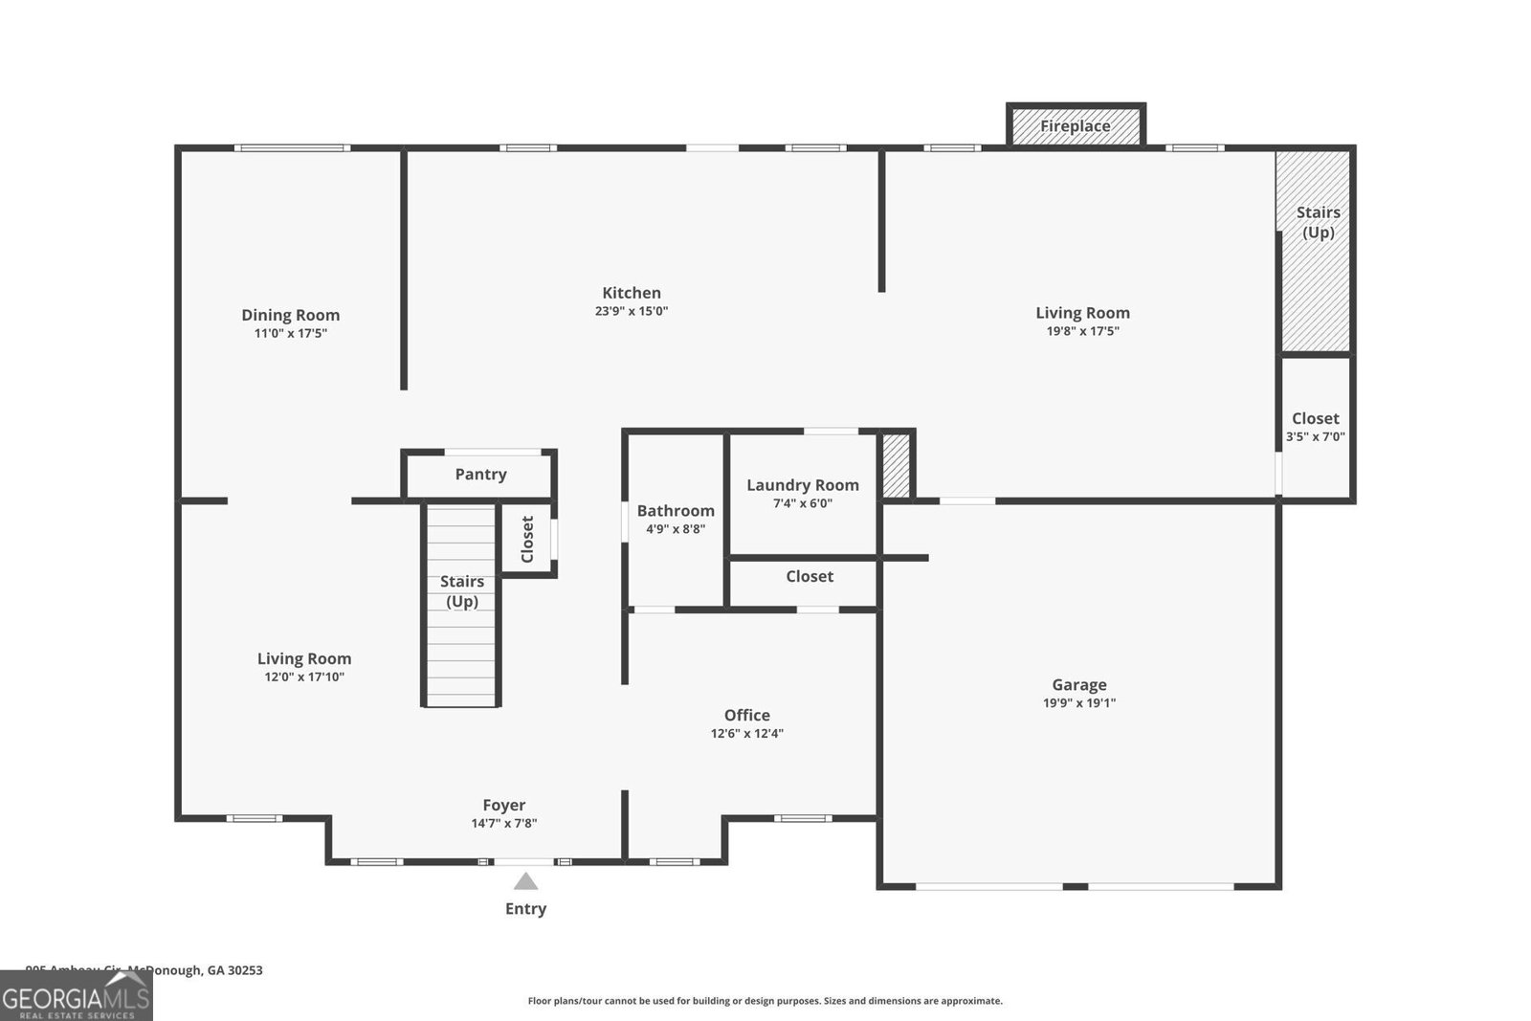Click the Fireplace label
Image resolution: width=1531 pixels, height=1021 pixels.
tap(1075, 126)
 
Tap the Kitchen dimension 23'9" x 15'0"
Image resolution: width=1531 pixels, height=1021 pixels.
tap(631, 311)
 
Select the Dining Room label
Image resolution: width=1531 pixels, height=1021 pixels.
tap(290, 315)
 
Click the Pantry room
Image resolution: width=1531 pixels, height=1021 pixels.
tap(480, 475)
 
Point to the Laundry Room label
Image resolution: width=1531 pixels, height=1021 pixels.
tap(802, 485)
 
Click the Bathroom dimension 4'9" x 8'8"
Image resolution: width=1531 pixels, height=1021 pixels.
tap(676, 529)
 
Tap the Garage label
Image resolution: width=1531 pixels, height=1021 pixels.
tap(1078, 684)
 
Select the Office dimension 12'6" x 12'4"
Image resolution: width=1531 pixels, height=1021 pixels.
tap(746, 734)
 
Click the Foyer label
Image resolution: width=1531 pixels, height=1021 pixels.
tap(503, 806)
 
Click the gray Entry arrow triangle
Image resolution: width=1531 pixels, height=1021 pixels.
tap(525, 881)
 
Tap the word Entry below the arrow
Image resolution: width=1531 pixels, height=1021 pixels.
tap(525, 909)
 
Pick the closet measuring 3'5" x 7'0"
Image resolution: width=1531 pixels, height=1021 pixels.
tap(1316, 428)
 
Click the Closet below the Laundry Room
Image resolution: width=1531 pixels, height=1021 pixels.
tap(809, 577)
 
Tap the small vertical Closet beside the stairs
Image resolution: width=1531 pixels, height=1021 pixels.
tap(527, 539)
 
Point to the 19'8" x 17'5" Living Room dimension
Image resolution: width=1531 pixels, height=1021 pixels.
tap(1082, 331)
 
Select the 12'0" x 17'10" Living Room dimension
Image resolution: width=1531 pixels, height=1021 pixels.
tap(304, 677)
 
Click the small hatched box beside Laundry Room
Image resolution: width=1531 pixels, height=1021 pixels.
tap(896, 466)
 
